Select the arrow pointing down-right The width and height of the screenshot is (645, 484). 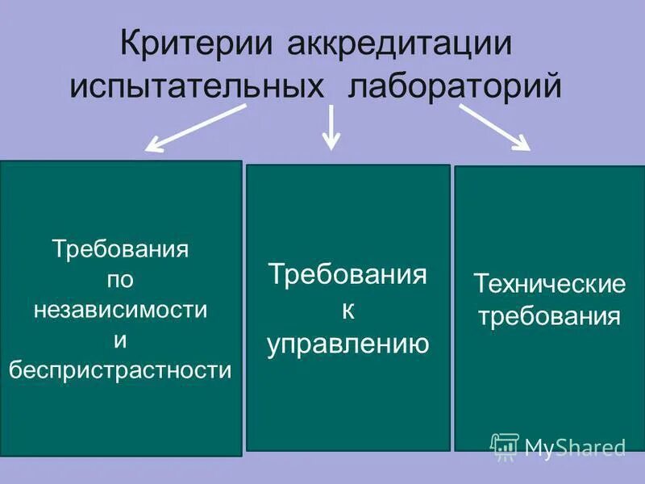494,127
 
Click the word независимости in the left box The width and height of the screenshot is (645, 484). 121,309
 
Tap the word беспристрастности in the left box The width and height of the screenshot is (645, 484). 121,370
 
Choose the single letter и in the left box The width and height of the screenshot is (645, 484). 121,340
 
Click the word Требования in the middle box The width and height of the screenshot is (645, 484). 347,274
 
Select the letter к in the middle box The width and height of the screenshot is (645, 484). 347,310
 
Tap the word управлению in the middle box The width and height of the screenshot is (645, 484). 347,344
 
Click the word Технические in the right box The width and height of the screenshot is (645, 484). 550,284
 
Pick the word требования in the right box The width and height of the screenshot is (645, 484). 550,315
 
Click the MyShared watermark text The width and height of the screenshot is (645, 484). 575,447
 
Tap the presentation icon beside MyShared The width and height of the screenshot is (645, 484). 505,446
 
